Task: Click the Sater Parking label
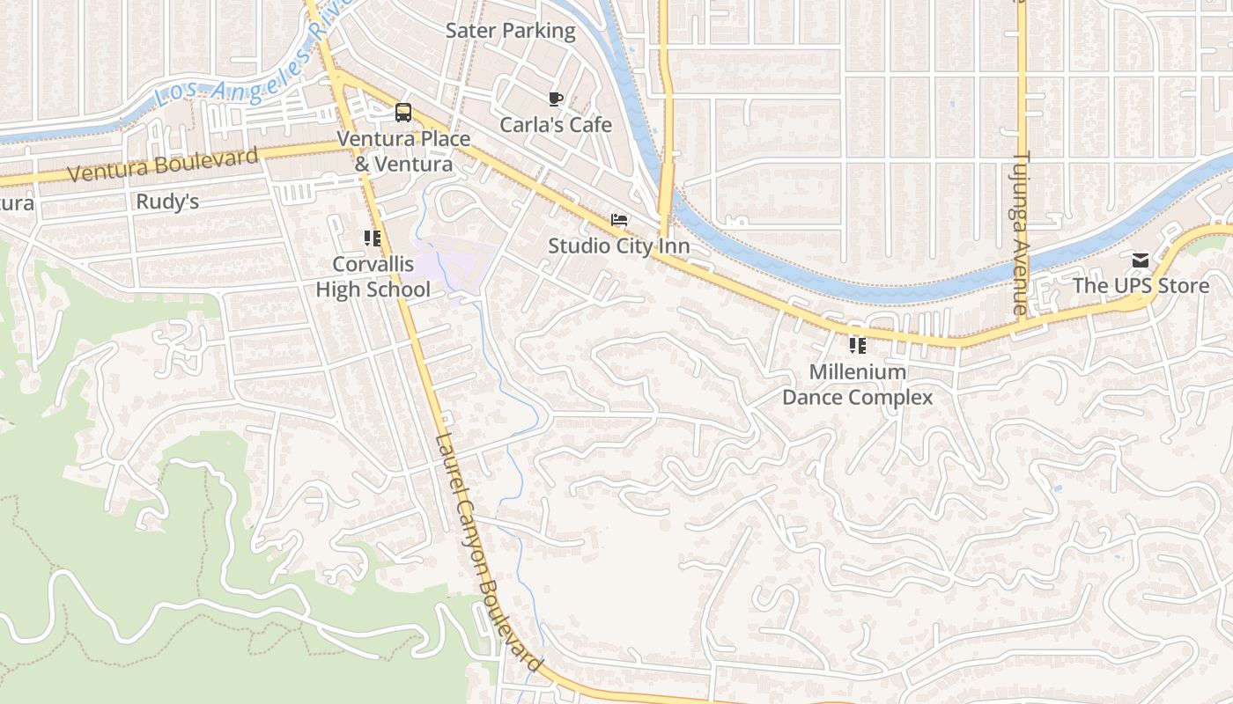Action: tap(510, 31)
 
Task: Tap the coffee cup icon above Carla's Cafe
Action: tap(555, 99)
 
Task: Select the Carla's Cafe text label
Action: tap(556, 125)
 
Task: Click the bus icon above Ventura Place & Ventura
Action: tap(402, 113)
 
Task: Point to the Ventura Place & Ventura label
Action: tap(403, 151)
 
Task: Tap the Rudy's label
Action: tap(167, 202)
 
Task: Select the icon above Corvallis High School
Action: tap(373, 238)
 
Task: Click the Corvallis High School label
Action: tap(373, 277)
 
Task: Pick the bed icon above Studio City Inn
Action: tap(619, 220)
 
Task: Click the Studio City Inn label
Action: tap(618, 246)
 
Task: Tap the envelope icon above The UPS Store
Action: tap(1141, 260)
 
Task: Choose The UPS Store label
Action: tap(1141, 286)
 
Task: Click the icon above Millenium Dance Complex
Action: tap(857, 346)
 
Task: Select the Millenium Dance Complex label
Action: tap(857, 385)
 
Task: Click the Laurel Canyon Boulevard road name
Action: tap(489, 553)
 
